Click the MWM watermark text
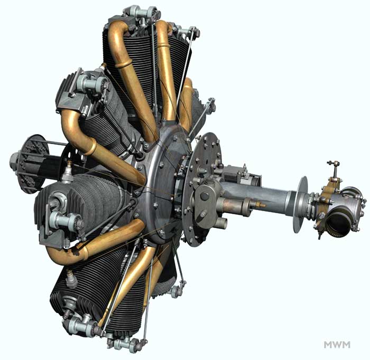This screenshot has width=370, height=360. click(337, 345)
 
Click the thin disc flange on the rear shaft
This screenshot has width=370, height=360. click(301, 204)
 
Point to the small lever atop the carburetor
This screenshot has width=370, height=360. click(334, 169)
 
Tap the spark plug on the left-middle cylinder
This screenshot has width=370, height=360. click(68, 172)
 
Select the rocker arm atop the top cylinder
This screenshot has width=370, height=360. click(142, 12)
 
